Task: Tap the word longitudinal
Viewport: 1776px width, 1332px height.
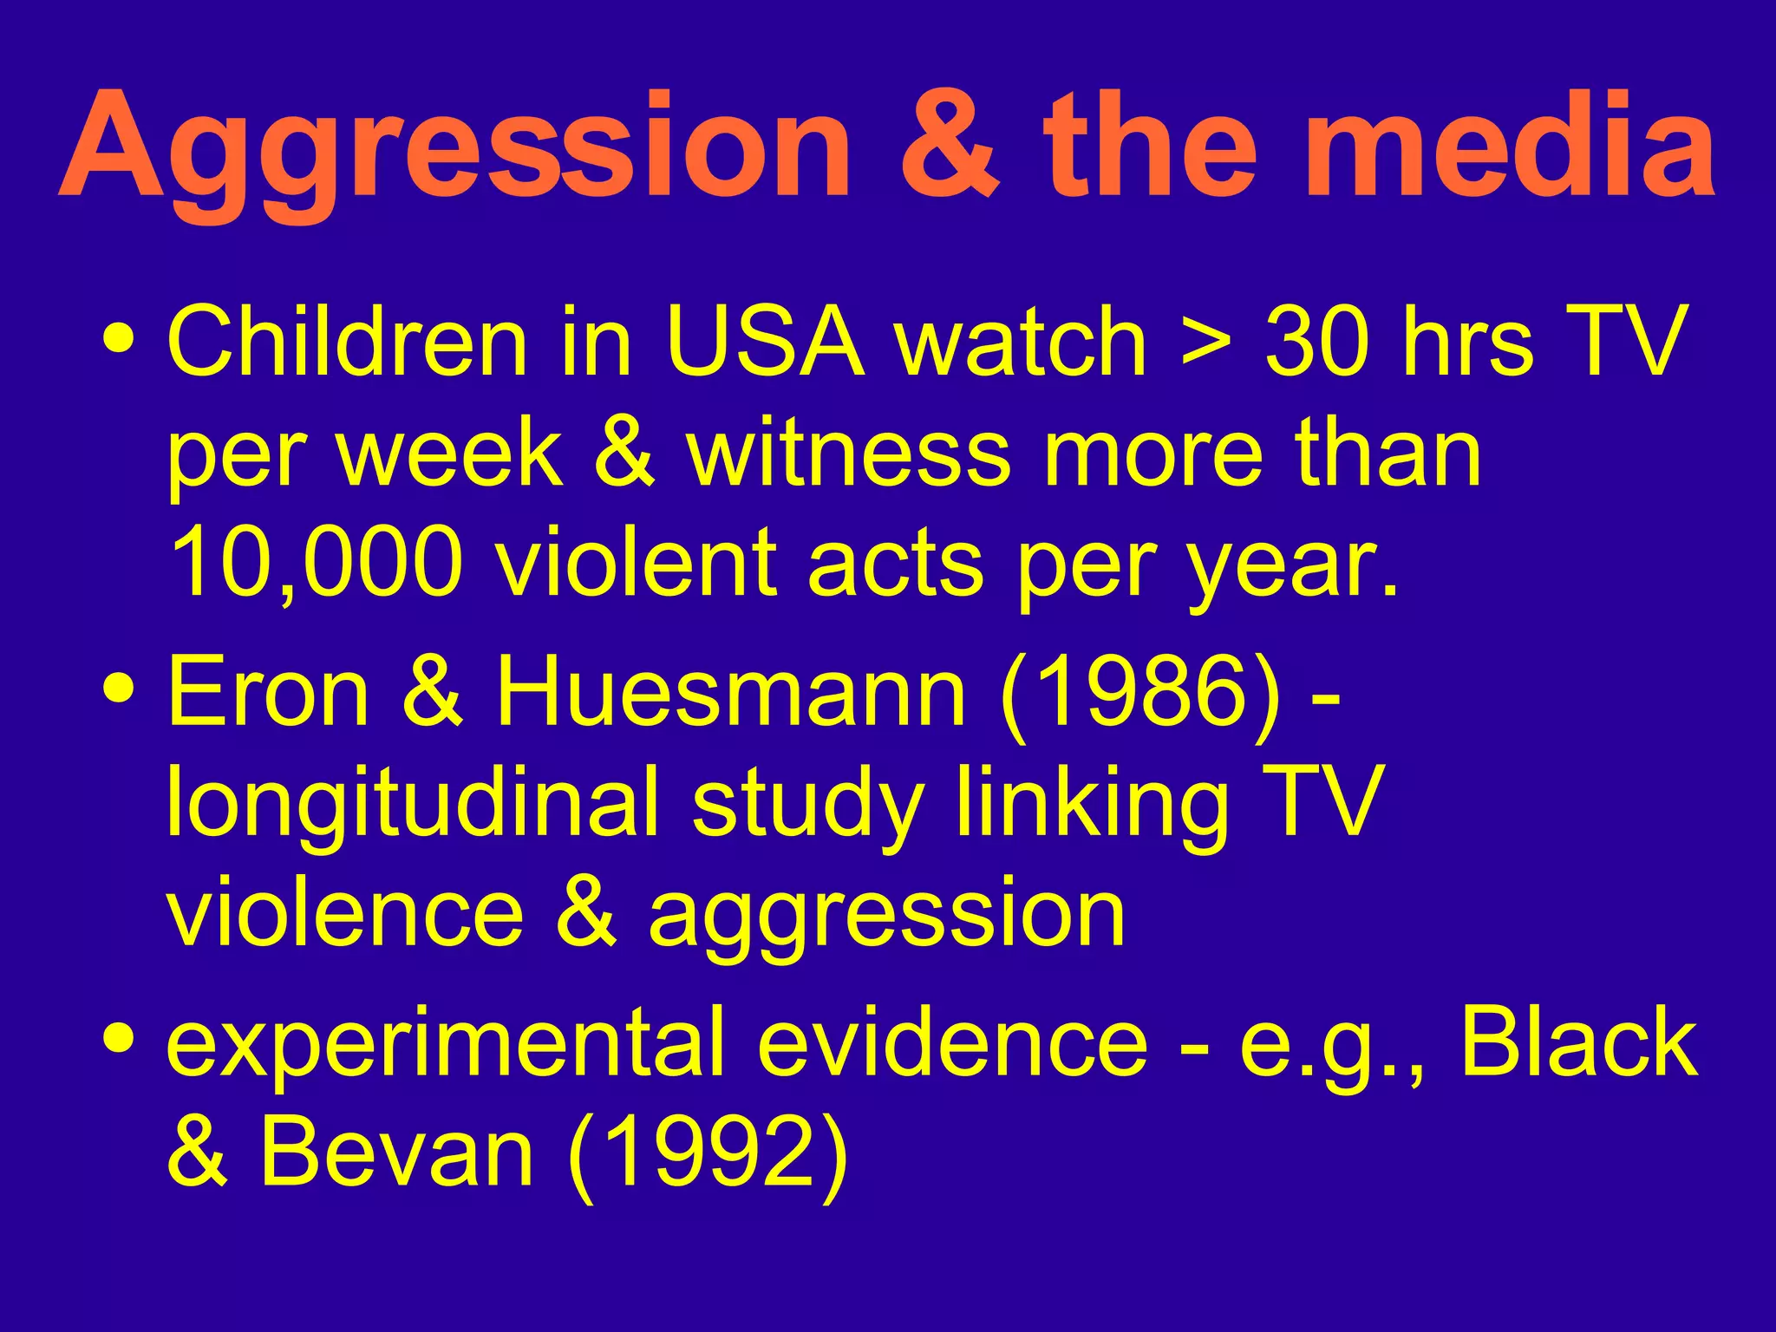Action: (x=413, y=806)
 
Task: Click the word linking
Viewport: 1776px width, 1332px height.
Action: (x=1092, y=806)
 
